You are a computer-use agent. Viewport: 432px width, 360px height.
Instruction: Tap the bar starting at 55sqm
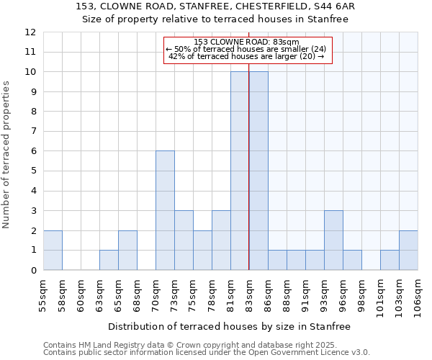53,250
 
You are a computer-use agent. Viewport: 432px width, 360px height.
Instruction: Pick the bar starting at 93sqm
333,240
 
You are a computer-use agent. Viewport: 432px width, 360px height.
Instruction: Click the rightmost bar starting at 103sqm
408,250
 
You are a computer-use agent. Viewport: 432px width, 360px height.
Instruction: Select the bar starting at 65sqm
127,250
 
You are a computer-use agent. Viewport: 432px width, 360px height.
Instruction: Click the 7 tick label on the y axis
32,132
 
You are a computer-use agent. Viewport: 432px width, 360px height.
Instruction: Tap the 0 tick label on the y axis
32,271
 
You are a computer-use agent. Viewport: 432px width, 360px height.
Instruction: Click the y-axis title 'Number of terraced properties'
7,155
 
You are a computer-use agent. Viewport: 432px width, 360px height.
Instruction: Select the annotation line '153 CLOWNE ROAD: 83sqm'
246,42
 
